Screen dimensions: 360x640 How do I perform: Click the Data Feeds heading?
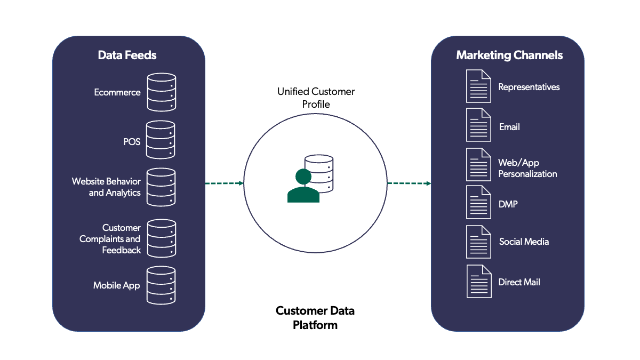tap(127, 55)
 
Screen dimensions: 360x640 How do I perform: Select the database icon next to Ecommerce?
tap(161, 92)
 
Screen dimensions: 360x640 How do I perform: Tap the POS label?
tap(132, 142)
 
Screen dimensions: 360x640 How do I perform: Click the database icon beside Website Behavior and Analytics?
tap(161, 187)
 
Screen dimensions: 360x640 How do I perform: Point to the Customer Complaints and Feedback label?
tap(110, 239)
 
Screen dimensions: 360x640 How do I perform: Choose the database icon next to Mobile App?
tap(161, 285)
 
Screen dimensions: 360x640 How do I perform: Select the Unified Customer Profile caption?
tap(316, 98)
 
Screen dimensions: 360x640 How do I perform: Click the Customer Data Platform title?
tap(315, 317)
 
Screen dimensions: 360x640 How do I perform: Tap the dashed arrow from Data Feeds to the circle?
tap(224, 183)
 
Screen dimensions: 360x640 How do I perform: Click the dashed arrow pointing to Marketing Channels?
tap(409, 183)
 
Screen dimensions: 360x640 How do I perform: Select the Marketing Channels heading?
tap(509, 55)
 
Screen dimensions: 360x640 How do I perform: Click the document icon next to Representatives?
tap(478, 86)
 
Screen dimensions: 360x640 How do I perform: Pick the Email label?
tap(509, 127)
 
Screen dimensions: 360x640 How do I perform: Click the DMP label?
tap(508, 204)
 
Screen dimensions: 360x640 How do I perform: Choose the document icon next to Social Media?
tap(478, 242)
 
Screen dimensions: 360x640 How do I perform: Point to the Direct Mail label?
tap(519, 282)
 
